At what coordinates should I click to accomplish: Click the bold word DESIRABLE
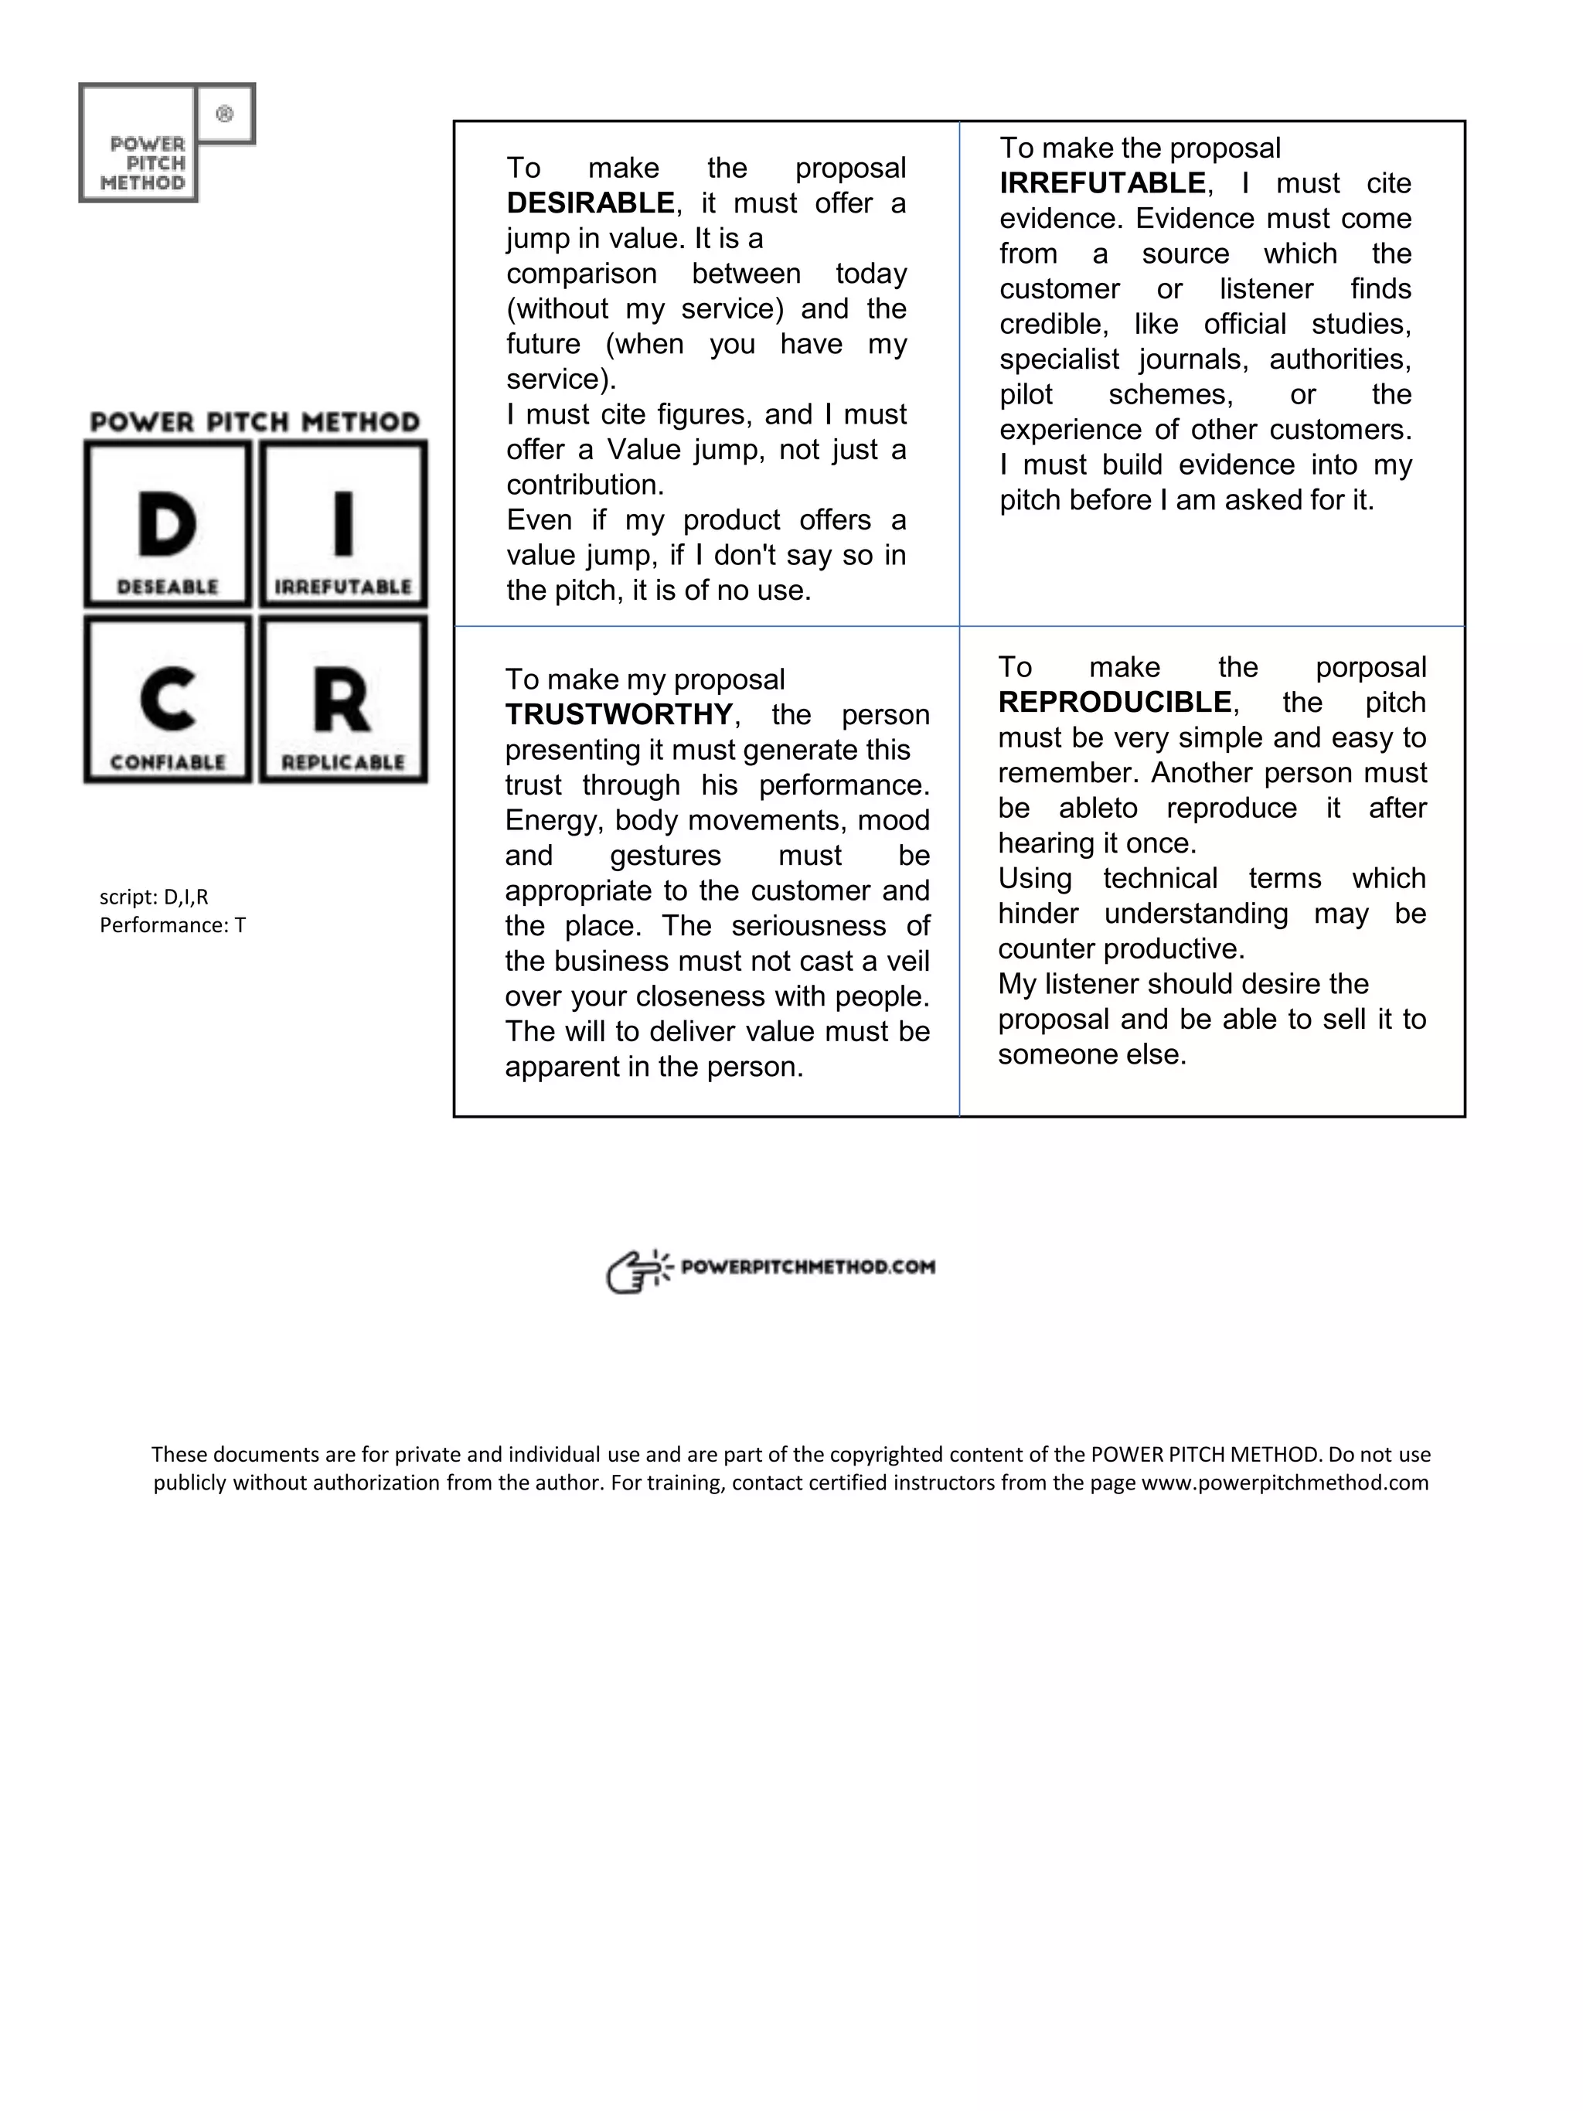pos(590,203)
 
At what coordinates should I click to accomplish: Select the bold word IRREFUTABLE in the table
pos(1102,183)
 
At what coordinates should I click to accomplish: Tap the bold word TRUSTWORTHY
pos(618,714)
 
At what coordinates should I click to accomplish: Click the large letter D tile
pos(168,524)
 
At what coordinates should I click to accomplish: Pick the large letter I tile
pos(343,524)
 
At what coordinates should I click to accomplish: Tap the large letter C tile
pos(168,700)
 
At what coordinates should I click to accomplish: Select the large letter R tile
pos(343,700)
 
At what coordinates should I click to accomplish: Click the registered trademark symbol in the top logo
pos(225,114)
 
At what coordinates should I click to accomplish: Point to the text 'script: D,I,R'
pos(154,896)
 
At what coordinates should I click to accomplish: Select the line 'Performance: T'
pos(172,924)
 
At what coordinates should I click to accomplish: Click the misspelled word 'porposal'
pos(1370,667)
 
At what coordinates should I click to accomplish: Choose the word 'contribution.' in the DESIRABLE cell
pos(584,485)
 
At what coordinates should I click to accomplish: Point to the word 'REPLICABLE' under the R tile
pos(343,762)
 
